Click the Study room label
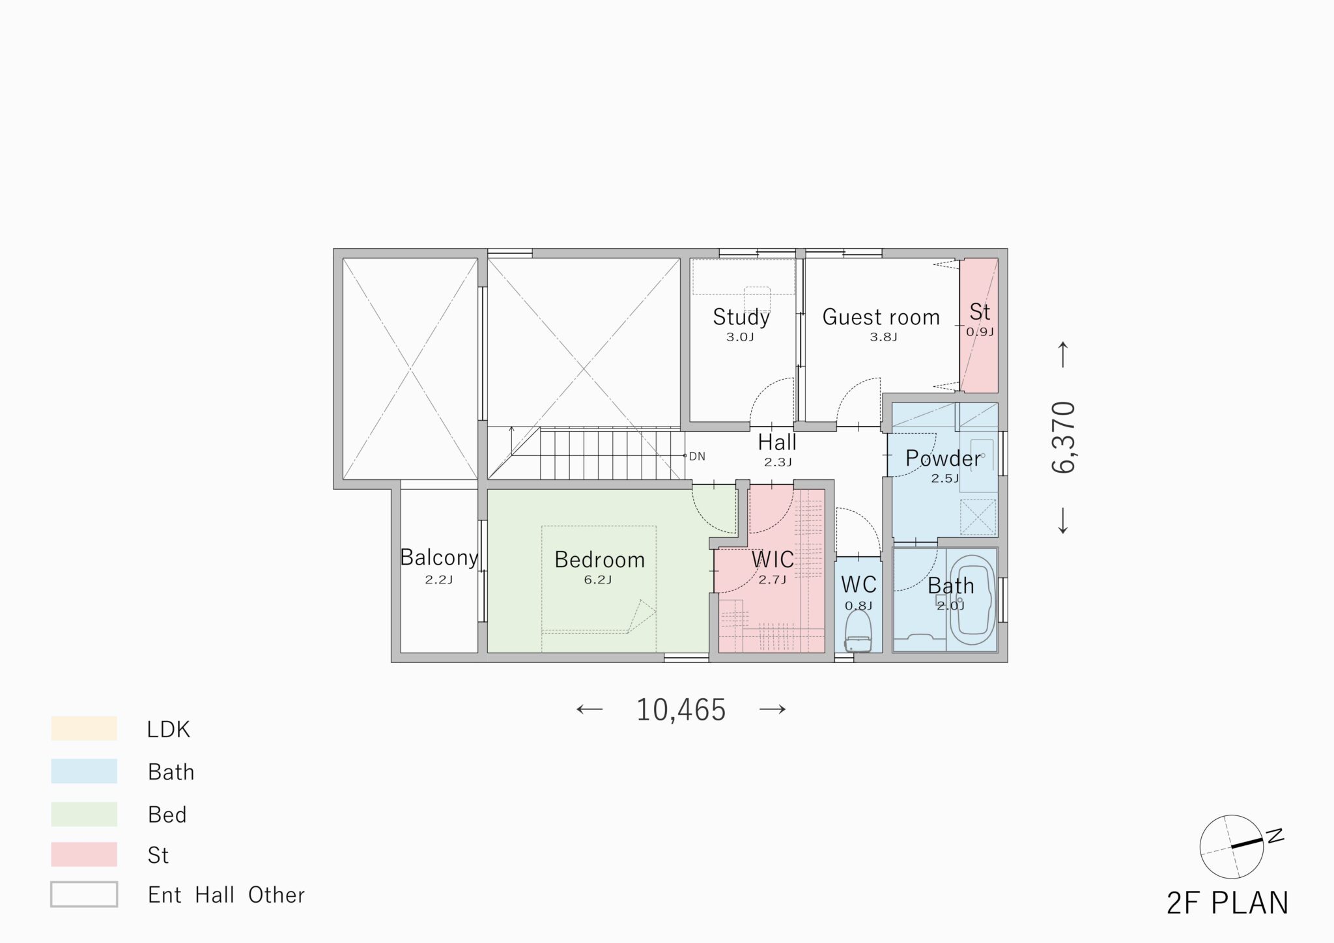741,317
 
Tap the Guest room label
881,317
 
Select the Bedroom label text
599,559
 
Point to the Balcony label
439,557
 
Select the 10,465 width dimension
681,710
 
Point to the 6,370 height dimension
1064,437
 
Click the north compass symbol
1231,846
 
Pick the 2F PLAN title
1228,903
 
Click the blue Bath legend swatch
84,771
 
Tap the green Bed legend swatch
84,814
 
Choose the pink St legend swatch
84,854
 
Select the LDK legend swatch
84,728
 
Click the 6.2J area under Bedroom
598,580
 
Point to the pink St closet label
980,312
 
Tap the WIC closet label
773,559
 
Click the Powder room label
943,458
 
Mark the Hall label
777,443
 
